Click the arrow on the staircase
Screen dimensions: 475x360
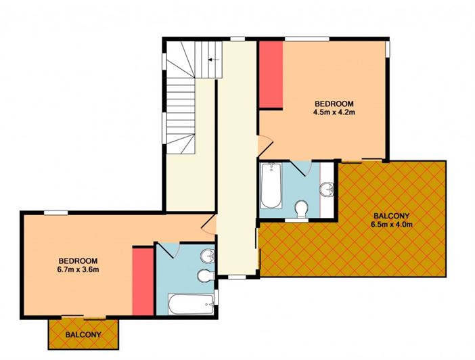coord(214,60)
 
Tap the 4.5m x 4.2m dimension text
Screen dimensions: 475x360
coord(334,112)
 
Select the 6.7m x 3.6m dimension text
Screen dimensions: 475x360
coord(78,269)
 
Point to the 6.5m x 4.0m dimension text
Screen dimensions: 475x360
coord(392,225)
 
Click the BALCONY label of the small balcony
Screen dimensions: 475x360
coord(83,334)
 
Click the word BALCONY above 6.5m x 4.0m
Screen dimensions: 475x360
coord(391,216)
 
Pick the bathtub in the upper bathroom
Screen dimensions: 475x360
coord(271,185)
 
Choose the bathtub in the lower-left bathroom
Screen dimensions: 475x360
coord(191,304)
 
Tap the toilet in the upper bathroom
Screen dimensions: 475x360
coord(301,209)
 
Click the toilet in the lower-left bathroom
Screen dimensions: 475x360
coord(206,275)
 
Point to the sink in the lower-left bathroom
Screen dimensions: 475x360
coord(208,256)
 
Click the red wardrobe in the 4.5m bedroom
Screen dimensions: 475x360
coord(271,74)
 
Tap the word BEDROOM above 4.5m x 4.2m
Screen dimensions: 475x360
coord(334,104)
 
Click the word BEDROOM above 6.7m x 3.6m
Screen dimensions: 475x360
coord(78,261)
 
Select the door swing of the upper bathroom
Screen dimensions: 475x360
coord(301,168)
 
